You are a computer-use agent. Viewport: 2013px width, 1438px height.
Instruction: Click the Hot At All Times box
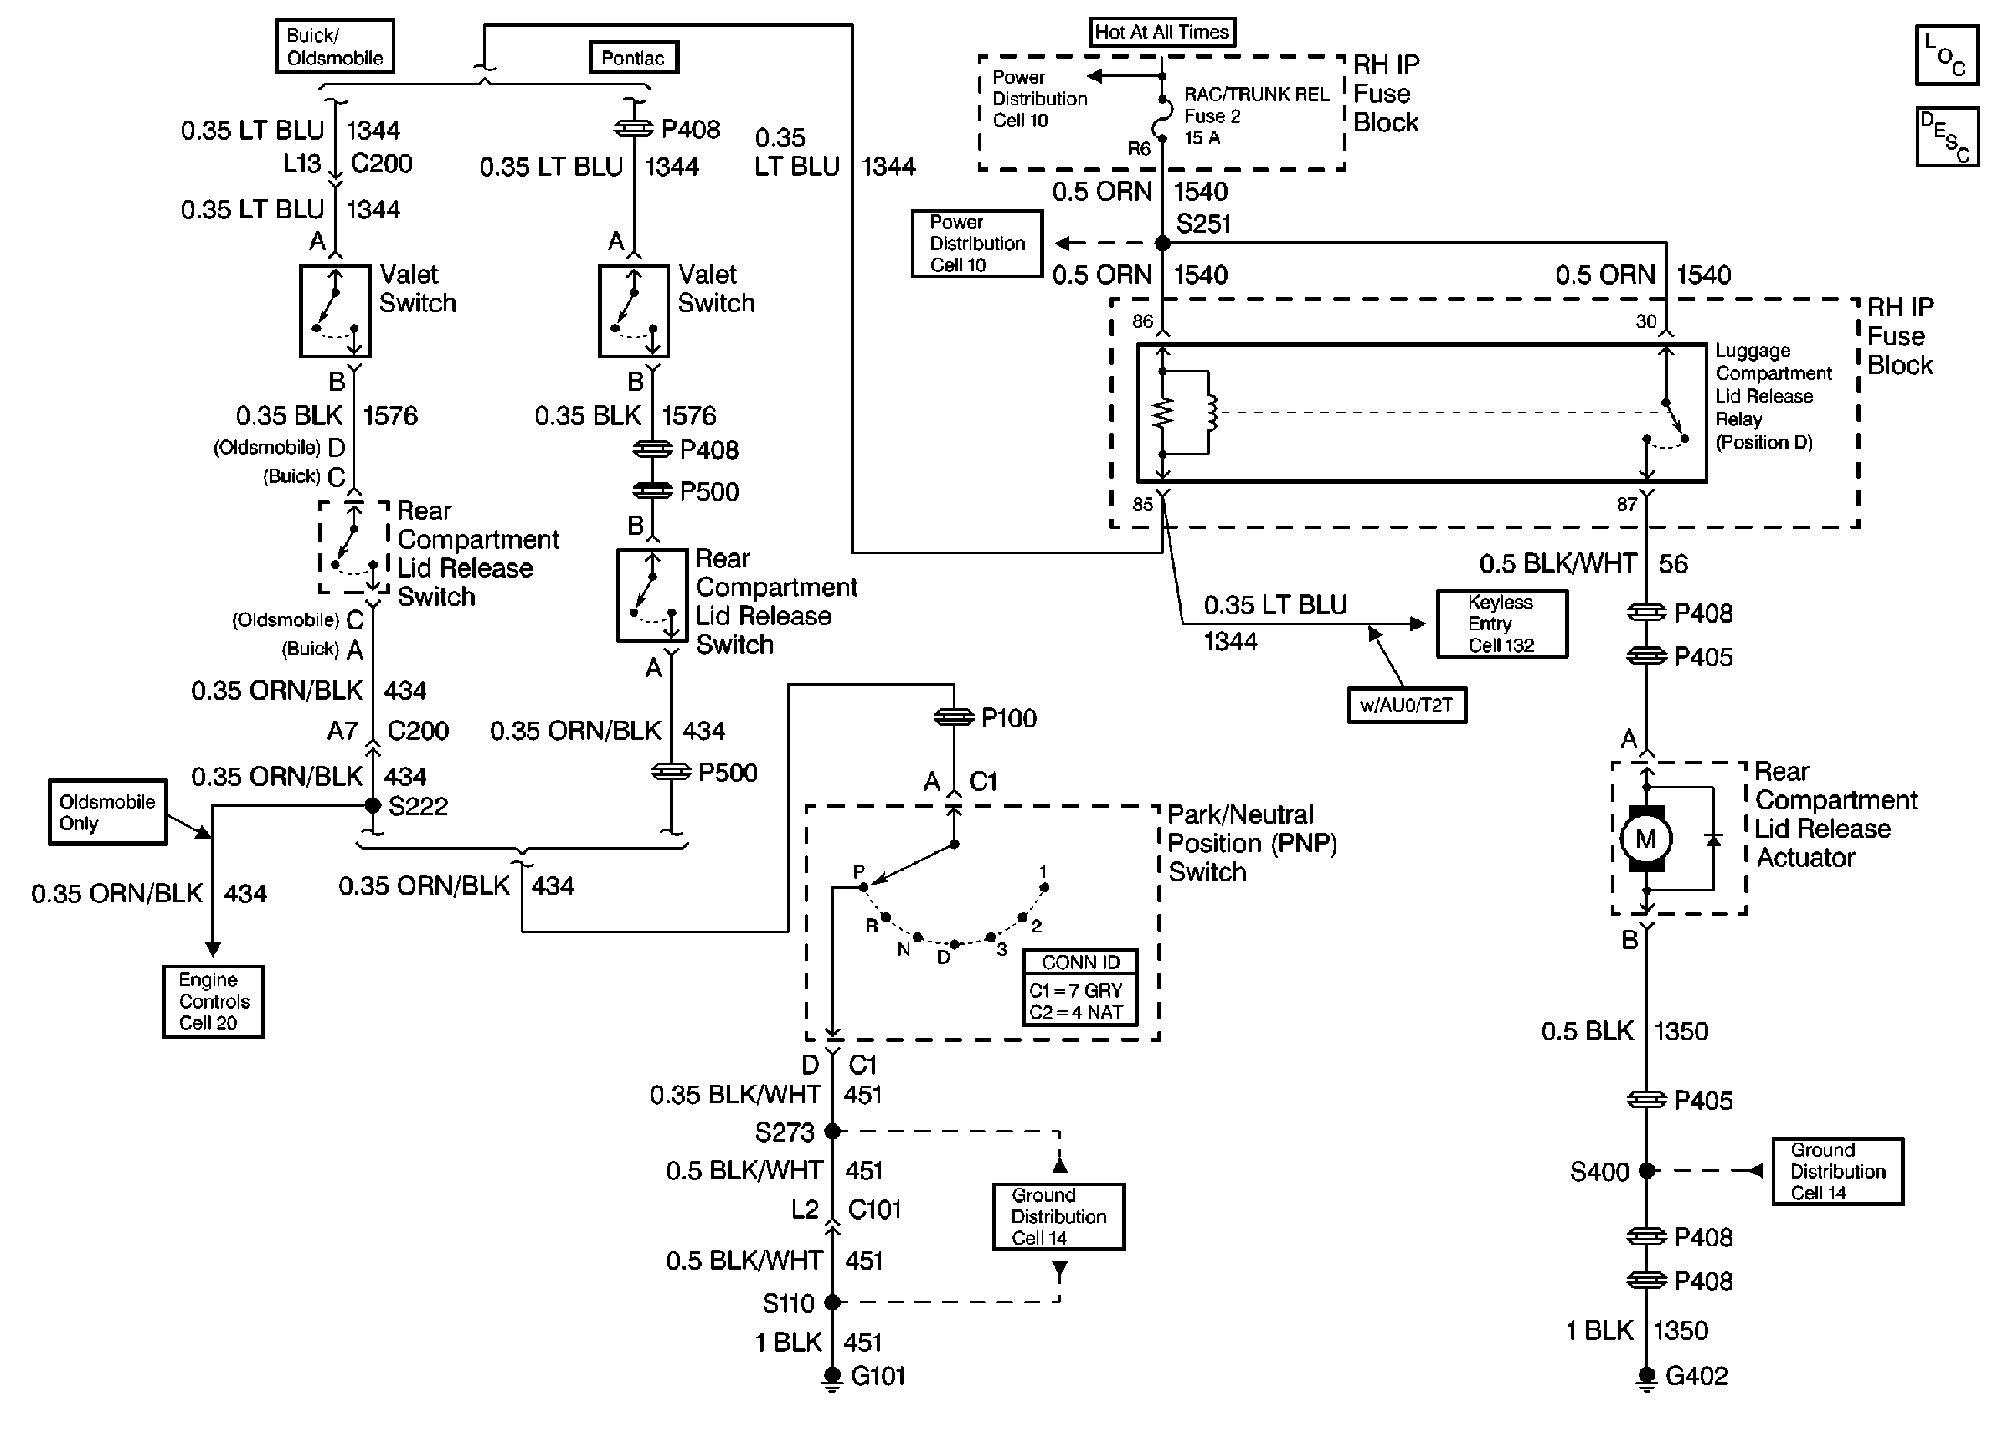(1161, 32)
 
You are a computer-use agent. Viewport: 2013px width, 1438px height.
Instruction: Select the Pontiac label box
(633, 58)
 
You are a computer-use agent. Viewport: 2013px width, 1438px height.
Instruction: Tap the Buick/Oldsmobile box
(334, 46)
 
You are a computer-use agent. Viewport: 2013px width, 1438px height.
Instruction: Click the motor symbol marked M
(1645, 839)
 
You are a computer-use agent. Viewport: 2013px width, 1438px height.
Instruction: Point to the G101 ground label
(878, 1376)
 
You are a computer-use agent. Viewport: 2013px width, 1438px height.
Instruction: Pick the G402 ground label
(1696, 1376)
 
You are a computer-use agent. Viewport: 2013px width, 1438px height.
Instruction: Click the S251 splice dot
(1163, 244)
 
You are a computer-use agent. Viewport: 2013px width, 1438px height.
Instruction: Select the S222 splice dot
(373, 806)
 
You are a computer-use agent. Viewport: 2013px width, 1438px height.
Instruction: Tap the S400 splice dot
(1646, 1171)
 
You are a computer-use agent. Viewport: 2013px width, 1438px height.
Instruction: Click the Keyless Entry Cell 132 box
(1501, 624)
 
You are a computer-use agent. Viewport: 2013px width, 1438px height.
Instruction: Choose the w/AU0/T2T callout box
(1407, 706)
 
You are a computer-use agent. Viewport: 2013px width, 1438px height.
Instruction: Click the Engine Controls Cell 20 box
(214, 1001)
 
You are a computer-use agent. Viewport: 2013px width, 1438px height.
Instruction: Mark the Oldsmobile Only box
(107, 812)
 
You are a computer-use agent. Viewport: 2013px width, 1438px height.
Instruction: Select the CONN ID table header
(1079, 963)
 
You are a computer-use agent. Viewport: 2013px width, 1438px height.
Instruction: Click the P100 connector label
(1008, 718)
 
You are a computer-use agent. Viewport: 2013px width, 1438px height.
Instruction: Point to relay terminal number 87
(1627, 505)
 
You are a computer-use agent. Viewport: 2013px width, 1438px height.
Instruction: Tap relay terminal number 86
(1142, 321)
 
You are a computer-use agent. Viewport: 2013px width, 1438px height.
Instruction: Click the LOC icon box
(1946, 56)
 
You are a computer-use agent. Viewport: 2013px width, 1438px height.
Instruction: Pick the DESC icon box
(1946, 137)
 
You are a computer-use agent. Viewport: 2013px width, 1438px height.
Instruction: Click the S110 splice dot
(831, 1302)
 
